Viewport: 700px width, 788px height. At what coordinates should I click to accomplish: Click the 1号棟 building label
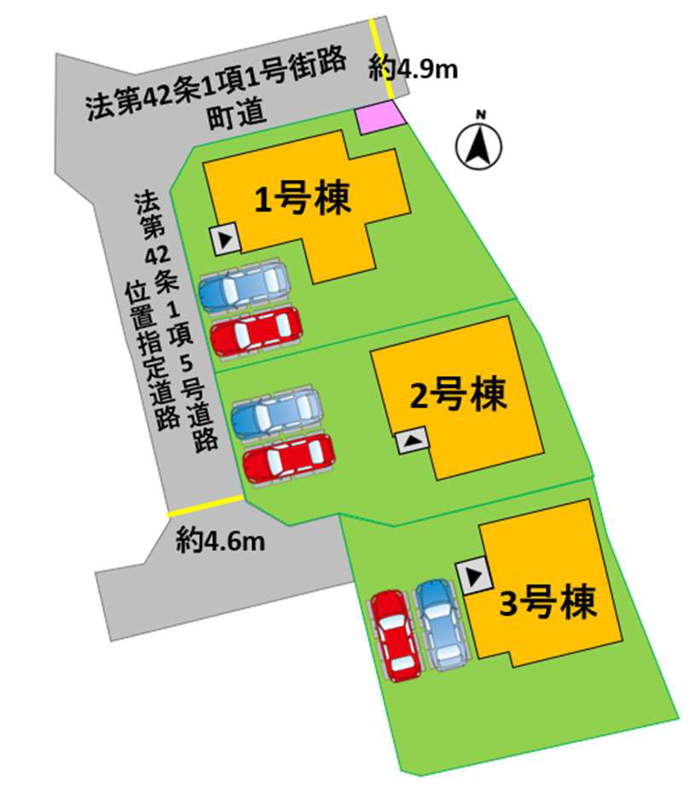pos(303,200)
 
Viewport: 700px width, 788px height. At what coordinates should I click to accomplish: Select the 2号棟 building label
pos(458,395)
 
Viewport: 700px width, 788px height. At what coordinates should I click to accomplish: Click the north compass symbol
pos(479,143)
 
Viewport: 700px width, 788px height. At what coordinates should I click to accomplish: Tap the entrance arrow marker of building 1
pos(226,240)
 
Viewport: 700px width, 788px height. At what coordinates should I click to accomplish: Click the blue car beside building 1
pos(243,286)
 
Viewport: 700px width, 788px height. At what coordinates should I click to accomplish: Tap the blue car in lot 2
pos(276,412)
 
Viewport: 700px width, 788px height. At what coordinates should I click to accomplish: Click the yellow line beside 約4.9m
pos(381,61)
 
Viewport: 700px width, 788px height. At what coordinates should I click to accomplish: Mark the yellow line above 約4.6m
pos(205,506)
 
